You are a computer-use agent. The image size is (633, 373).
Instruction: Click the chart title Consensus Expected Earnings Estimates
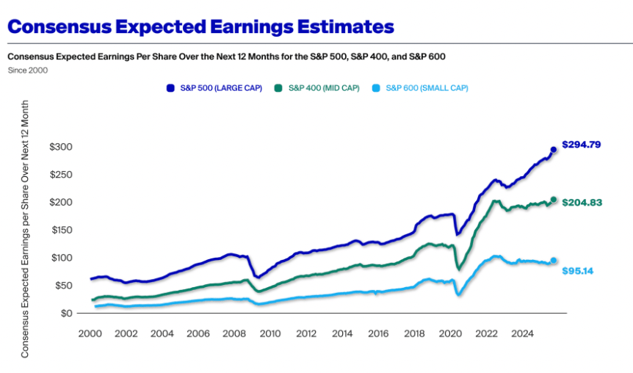[200, 27]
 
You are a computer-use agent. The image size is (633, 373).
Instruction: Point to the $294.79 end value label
[582, 145]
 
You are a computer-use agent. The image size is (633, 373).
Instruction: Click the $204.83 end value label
[582, 202]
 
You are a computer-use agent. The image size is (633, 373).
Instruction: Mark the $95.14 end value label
[577, 271]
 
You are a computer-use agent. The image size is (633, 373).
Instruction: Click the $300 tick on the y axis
[60, 147]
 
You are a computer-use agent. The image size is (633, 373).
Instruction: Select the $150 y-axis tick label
[60, 230]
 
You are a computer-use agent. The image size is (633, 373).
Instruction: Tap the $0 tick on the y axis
[66, 313]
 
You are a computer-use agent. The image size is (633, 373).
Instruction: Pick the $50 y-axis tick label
[62, 285]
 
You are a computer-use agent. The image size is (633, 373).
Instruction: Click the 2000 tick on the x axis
[90, 333]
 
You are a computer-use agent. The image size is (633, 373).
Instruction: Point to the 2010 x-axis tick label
[270, 333]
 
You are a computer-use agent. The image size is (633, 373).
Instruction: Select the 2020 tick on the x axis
[451, 333]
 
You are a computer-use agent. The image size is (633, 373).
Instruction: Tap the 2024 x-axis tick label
[523, 333]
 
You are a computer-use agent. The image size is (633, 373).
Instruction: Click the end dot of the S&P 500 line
[554, 150]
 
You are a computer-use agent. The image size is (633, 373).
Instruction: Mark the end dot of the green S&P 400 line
[554, 200]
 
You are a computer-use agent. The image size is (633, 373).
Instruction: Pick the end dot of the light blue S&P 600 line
[554, 260]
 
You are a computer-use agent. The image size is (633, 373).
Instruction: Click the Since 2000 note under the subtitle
[28, 70]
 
